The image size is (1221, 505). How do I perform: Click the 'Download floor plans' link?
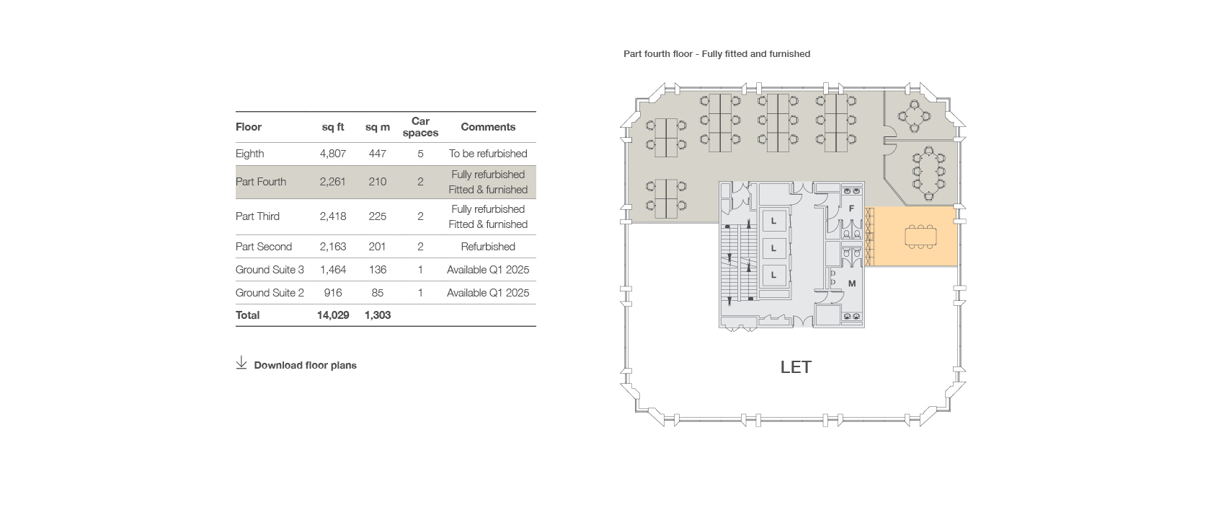pyautogui.click(x=306, y=365)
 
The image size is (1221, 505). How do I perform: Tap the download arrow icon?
pyautogui.click(x=241, y=363)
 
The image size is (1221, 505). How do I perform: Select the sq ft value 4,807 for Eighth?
pyautogui.click(x=333, y=154)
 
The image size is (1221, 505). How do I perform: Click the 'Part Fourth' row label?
pyautogui.click(x=260, y=182)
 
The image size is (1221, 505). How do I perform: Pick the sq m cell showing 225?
pyautogui.click(x=377, y=216)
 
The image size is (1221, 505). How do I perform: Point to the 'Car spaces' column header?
pyautogui.click(x=420, y=127)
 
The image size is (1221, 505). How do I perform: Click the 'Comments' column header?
pyautogui.click(x=488, y=127)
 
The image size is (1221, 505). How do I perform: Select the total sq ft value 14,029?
pyautogui.click(x=333, y=315)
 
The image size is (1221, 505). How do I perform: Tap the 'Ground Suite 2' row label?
pyautogui.click(x=270, y=293)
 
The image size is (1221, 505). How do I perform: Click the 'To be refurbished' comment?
pyautogui.click(x=488, y=154)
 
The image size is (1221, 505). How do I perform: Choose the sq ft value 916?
pyautogui.click(x=333, y=293)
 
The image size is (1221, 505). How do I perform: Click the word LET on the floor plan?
pyautogui.click(x=796, y=367)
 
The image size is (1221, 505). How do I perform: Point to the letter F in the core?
pyautogui.click(x=851, y=208)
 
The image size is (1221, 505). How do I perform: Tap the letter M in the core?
pyautogui.click(x=852, y=284)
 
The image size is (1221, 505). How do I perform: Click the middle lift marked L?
pyautogui.click(x=773, y=248)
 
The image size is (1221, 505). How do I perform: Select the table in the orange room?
pyautogui.click(x=920, y=237)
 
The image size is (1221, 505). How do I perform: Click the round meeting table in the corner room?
pyautogui.click(x=915, y=116)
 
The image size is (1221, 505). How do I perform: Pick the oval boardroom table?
pyautogui.click(x=929, y=172)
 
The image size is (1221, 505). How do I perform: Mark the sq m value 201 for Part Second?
pyautogui.click(x=377, y=247)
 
